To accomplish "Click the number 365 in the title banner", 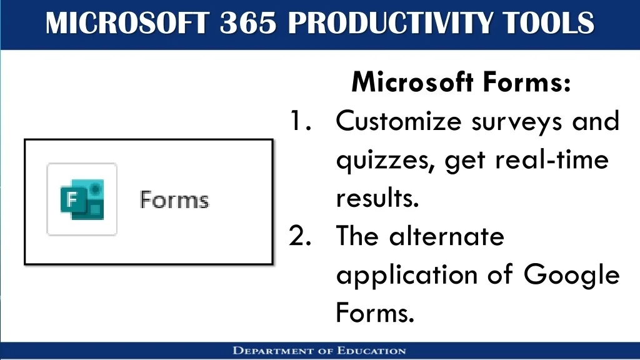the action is [248, 23].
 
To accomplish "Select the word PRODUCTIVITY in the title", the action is [389, 23].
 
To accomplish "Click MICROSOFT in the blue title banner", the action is [127, 23].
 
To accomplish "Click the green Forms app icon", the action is [82, 199].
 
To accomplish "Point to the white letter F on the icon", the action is [72, 199].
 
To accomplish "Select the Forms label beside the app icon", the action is [174, 199].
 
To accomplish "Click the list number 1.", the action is [300, 121].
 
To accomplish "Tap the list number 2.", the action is [300, 236].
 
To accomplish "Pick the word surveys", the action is [517, 123].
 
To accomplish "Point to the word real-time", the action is [552, 159].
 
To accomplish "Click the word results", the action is [377, 198].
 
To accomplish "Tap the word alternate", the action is [447, 236].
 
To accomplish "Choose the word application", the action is [407, 275].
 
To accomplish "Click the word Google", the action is [572, 275].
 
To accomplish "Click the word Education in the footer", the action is [371, 351].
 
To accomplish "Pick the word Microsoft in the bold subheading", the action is [412, 82].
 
